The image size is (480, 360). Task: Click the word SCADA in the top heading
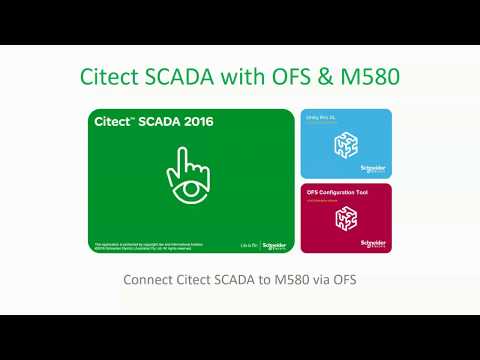pyautogui.click(x=187, y=76)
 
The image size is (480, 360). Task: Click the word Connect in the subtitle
pyautogui.click(x=148, y=279)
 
